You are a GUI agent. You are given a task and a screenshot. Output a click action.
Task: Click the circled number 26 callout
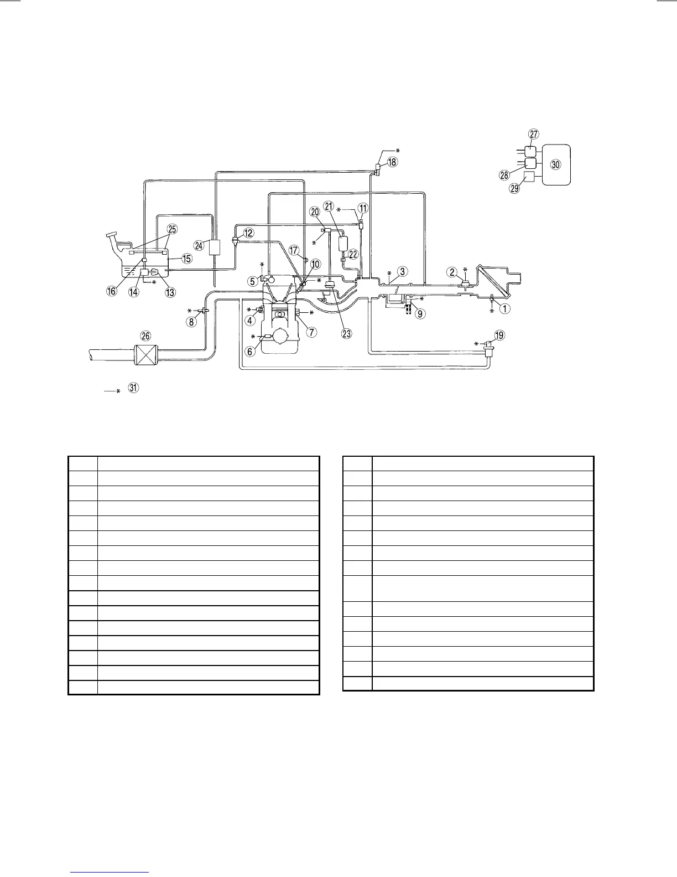[x=145, y=336]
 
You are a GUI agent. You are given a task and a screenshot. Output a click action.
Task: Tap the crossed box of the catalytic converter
[x=146, y=354]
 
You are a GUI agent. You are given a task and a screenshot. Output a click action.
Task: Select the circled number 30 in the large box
[x=556, y=164]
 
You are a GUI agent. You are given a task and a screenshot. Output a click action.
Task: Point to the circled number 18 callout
[x=392, y=162]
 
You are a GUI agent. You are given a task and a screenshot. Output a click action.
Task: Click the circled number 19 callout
[x=499, y=335]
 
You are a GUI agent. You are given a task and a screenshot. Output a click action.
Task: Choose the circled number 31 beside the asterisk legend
[x=133, y=388]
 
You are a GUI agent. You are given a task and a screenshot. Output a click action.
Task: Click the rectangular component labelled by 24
[x=215, y=247]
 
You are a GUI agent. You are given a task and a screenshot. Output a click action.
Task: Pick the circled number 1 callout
[x=504, y=309]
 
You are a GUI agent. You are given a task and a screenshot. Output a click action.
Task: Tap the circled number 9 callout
[x=421, y=314]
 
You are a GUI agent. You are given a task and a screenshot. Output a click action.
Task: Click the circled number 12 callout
[x=249, y=233]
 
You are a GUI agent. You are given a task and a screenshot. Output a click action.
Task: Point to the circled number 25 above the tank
[x=173, y=229]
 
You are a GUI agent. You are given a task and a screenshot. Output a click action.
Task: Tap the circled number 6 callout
[x=251, y=350]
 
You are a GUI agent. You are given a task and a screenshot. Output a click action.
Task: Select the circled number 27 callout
[x=533, y=135]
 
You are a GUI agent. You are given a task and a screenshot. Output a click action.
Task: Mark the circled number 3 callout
[x=404, y=271]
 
